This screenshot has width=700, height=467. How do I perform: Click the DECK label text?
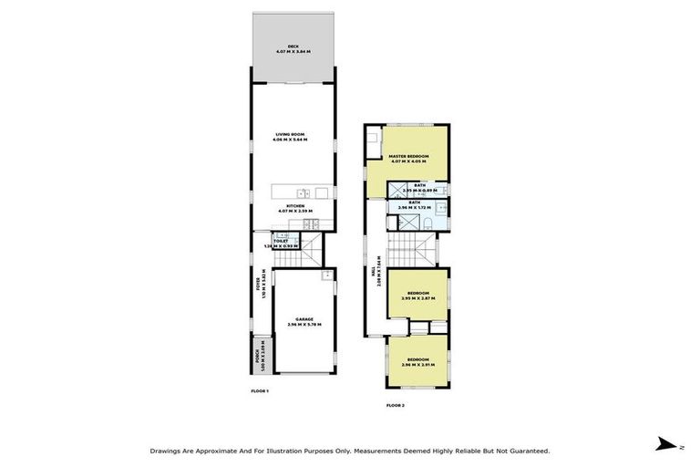point(293,46)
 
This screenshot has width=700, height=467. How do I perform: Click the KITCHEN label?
point(295,206)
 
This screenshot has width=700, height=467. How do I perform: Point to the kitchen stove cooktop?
point(311,223)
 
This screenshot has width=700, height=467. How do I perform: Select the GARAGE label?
point(304,319)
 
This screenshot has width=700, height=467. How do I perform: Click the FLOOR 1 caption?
point(260,390)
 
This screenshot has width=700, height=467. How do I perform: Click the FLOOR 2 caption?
point(395,404)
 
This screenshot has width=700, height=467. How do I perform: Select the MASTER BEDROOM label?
point(408,157)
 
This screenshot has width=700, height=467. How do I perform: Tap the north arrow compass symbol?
point(669,444)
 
